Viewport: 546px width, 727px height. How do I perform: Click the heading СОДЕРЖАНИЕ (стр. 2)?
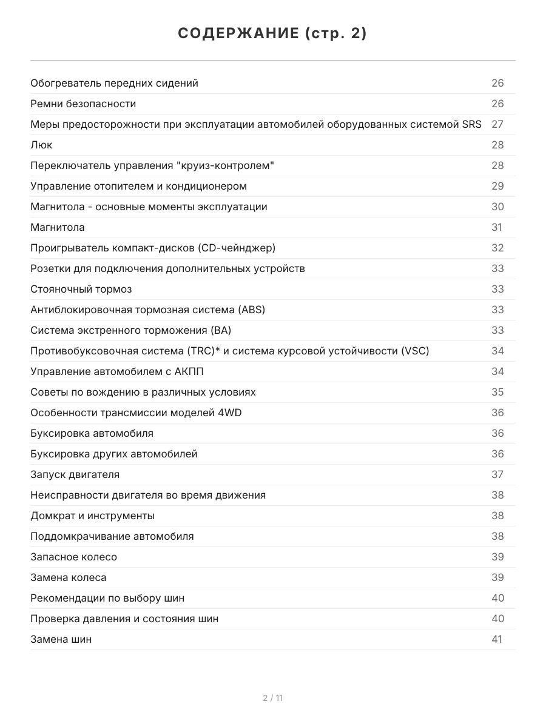pos(272,34)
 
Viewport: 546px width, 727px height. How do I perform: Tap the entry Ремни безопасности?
pos(83,104)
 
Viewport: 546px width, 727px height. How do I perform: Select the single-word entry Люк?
pos(41,145)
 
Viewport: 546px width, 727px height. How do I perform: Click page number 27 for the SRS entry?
pos(497,124)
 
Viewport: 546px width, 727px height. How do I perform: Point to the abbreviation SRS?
pos(471,124)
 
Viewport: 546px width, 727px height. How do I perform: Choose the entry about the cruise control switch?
pos(152,165)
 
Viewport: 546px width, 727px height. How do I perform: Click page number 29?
pos(497,186)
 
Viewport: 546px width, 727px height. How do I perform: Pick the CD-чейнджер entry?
pos(153,248)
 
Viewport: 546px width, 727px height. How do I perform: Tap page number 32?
pos(497,248)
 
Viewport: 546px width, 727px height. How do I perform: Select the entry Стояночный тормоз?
pos(81,289)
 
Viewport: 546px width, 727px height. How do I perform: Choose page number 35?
pos(497,392)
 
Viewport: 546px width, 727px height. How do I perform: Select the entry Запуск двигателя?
pos(75,474)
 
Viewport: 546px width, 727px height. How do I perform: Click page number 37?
pos(497,474)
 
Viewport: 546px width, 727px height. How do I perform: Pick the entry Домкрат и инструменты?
pos(92,516)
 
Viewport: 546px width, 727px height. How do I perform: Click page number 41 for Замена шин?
pos(497,639)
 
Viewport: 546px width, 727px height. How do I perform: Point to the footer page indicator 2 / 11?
pos(272,698)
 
